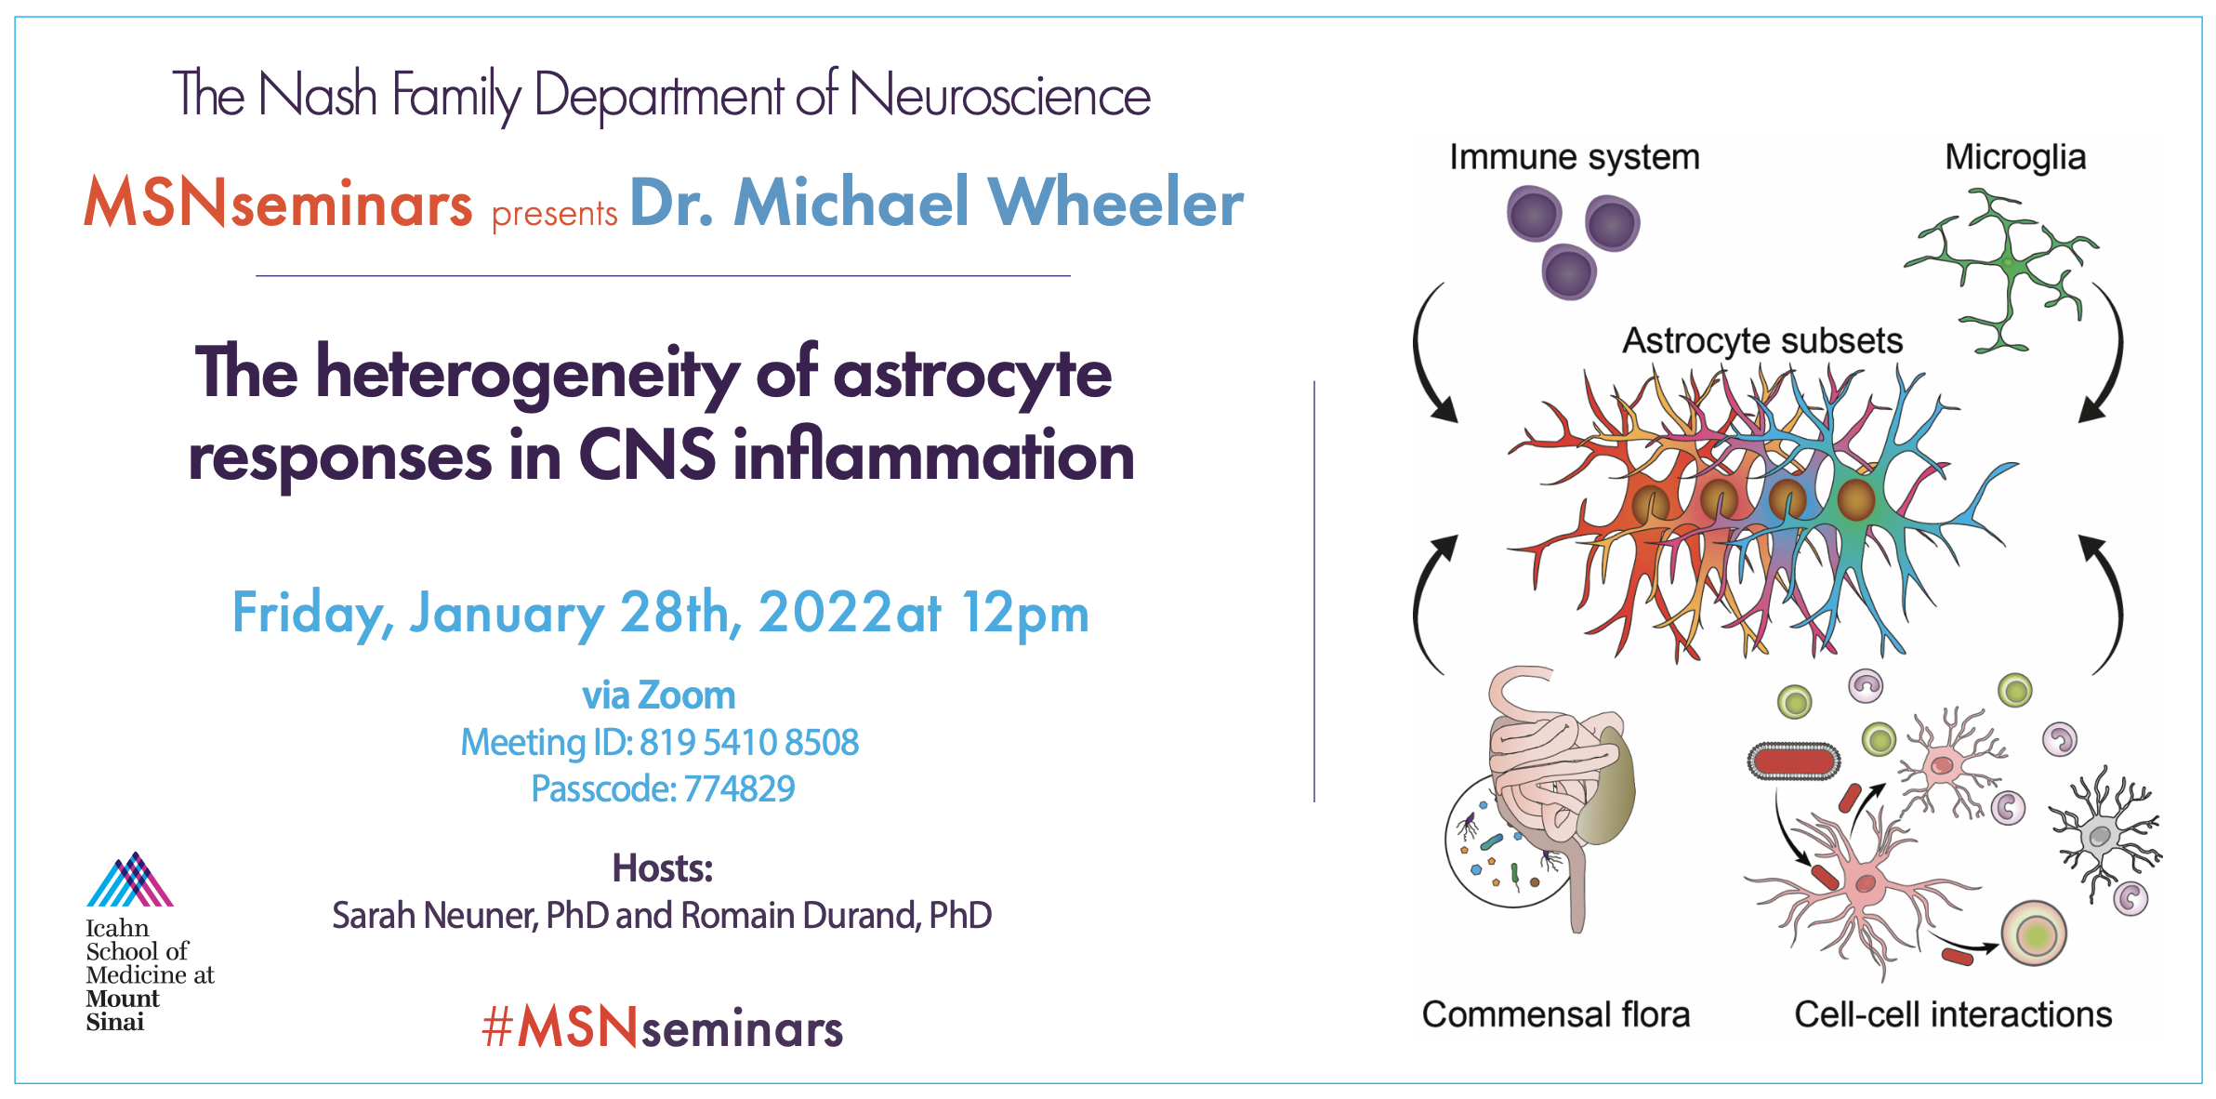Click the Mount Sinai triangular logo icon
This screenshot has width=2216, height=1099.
(x=130, y=880)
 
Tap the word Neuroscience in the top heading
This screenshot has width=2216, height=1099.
(x=1000, y=96)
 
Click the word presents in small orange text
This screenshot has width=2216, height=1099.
(x=554, y=214)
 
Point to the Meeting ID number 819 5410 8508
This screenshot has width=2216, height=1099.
(x=749, y=742)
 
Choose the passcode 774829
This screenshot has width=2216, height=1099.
(x=739, y=788)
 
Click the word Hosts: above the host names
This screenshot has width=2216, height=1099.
(x=663, y=868)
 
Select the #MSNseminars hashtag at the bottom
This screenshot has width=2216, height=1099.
(x=663, y=1027)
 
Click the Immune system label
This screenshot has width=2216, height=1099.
(x=1575, y=157)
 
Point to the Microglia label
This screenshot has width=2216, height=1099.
(x=2015, y=157)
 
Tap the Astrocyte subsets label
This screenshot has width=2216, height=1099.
(x=1762, y=340)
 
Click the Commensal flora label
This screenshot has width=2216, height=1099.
(x=1556, y=1014)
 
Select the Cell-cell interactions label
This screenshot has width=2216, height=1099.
(x=1953, y=1014)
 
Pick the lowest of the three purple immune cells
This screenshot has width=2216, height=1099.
(x=1569, y=272)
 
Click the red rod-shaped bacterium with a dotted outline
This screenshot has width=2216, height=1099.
(x=1794, y=761)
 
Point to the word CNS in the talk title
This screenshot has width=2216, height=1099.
(x=647, y=456)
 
